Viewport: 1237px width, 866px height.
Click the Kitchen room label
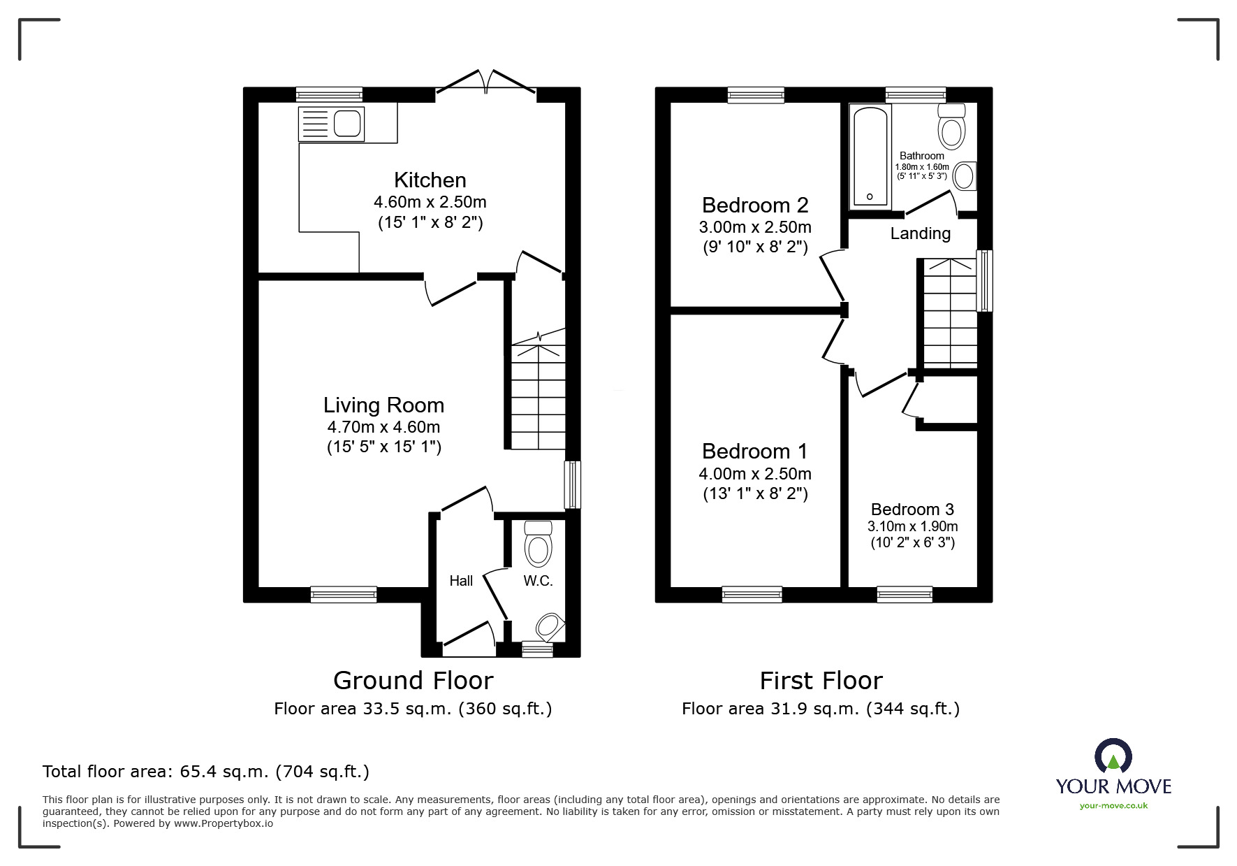click(x=430, y=180)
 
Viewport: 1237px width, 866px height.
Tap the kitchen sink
click(x=330, y=124)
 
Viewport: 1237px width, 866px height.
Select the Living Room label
click(x=383, y=405)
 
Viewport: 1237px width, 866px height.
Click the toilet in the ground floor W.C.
click(x=538, y=542)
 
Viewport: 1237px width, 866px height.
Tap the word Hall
click(x=461, y=581)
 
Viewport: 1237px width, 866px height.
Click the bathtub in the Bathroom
click(x=870, y=156)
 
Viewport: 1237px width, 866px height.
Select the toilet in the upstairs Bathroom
click(x=952, y=124)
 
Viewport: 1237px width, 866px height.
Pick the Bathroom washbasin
click(x=965, y=176)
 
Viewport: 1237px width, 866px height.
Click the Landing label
click(x=921, y=233)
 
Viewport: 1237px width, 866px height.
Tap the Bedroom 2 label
click(x=755, y=205)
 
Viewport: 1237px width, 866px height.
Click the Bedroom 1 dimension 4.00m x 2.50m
click(x=755, y=474)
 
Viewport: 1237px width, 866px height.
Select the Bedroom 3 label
click(x=912, y=510)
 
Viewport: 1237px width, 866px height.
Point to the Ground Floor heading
click(x=413, y=680)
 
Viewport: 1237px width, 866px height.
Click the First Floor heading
click(x=821, y=680)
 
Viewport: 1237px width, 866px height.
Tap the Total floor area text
click(x=206, y=772)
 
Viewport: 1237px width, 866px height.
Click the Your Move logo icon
click(x=1113, y=757)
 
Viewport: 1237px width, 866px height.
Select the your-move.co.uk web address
click(x=1113, y=806)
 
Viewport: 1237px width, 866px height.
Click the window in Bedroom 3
click(x=905, y=594)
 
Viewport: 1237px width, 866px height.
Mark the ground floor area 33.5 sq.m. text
click(x=413, y=709)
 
